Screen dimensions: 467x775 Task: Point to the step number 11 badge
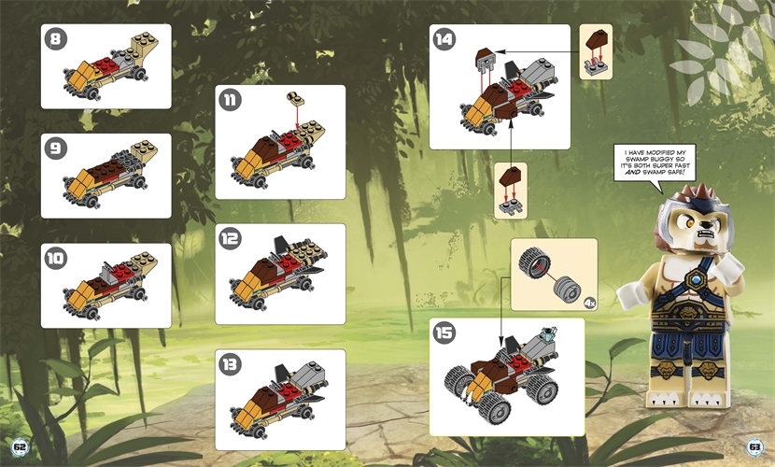coord(230,100)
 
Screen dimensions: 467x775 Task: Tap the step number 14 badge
coord(444,39)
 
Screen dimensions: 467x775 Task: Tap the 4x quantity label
coord(587,302)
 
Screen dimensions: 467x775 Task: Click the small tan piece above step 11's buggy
coord(296,98)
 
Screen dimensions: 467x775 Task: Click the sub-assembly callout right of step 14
coord(595,52)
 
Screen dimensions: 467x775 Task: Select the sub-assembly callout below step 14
coord(510,190)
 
